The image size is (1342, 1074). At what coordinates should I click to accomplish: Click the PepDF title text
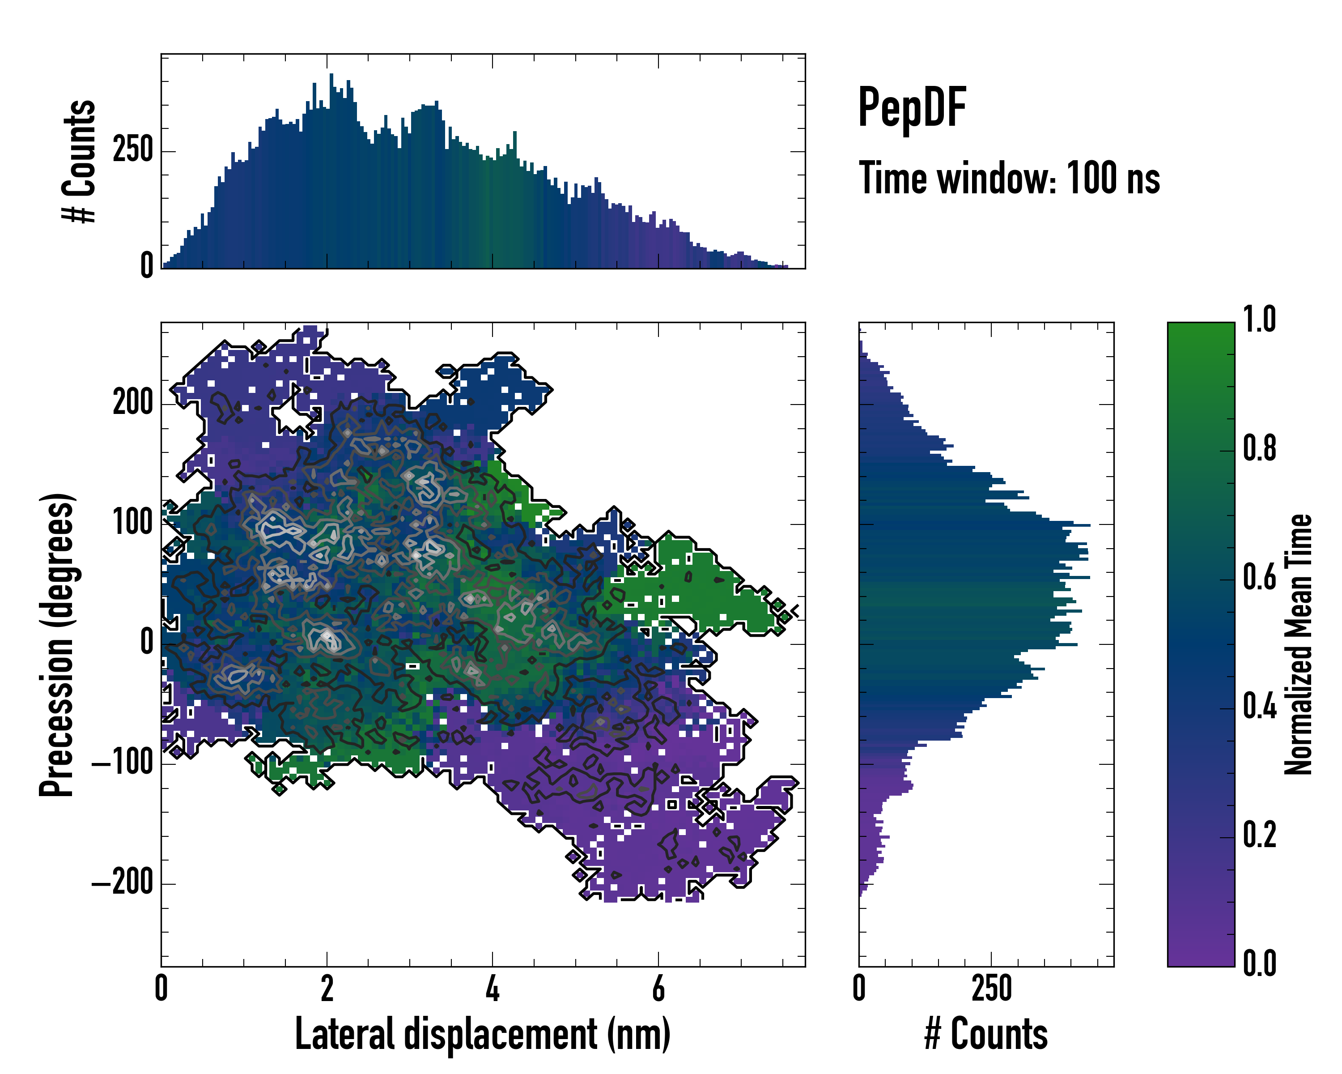912,108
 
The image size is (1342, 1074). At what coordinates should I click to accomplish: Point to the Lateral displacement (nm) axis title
482,1034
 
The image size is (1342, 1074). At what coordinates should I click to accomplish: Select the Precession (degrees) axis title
57,644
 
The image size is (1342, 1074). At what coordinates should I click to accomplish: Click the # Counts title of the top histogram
80,161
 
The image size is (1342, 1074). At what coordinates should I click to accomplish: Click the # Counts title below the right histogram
986,1034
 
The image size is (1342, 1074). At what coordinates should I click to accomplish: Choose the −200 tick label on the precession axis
122,882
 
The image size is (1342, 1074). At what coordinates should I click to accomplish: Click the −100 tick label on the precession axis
122,762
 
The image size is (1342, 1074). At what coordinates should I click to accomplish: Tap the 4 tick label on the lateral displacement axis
493,988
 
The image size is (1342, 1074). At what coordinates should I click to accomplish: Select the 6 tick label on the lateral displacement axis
658,988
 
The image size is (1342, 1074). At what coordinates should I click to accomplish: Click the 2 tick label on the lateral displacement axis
327,988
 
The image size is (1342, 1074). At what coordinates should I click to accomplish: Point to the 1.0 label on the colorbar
1259,320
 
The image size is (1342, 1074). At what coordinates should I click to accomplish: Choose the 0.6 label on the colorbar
1259,578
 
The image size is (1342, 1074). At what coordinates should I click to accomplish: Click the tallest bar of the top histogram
331,171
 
